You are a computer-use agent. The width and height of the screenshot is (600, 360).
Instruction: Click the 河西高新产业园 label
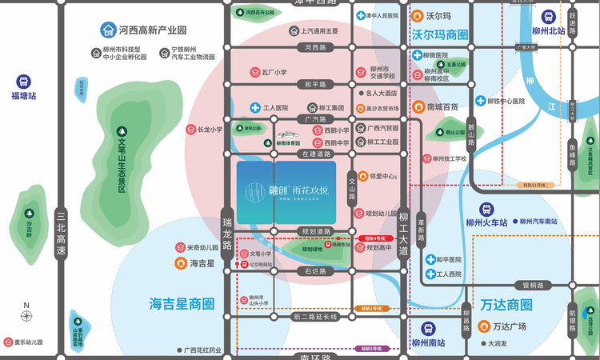pos(152,30)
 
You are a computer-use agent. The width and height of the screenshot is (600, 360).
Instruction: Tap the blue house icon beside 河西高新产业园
pos(107,30)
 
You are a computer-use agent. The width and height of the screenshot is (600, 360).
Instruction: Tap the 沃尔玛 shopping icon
pos(417,16)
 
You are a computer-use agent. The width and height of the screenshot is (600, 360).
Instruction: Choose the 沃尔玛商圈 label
pos(440,35)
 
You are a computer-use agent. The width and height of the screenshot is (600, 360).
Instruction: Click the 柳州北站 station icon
pos(550,15)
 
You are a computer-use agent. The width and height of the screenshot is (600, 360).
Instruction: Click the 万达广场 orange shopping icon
pos(483,326)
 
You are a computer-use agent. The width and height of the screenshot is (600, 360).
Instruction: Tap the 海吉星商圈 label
pos(182,304)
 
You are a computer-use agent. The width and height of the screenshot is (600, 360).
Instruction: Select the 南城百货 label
pos(442,106)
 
